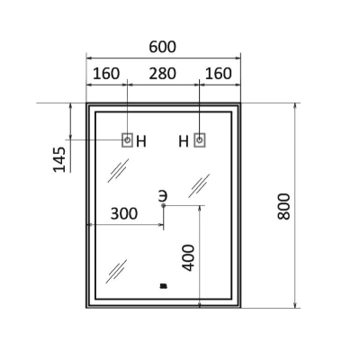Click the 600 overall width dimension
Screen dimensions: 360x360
[x=163, y=47]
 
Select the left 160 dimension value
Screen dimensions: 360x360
[x=106, y=74]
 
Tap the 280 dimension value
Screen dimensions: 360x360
[x=163, y=74]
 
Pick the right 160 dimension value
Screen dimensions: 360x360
[x=219, y=74]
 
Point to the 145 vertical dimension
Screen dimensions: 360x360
[x=59, y=159]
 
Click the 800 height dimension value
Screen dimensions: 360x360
[x=283, y=206]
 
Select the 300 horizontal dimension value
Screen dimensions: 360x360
[x=124, y=213]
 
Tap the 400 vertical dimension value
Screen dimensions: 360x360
[x=189, y=257]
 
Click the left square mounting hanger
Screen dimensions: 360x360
[x=127, y=140]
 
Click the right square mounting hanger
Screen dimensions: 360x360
[x=200, y=140]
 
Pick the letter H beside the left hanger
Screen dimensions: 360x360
[x=141, y=141]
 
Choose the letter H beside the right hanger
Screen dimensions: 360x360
[x=184, y=141]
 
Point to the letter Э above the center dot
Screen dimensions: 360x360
[x=163, y=196]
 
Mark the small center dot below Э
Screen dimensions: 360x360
[x=164, y=205]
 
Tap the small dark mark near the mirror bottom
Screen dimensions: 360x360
[x=164, y=286]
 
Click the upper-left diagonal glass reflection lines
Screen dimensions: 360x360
[x=118, y=170]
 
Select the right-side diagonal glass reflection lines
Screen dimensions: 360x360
[x=199, y=185]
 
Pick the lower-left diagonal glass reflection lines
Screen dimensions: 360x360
[x=116, y=271]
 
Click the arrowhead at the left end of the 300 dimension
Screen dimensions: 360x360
[x=89, y=224]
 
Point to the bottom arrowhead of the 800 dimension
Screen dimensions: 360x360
[x=295, y=305]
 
